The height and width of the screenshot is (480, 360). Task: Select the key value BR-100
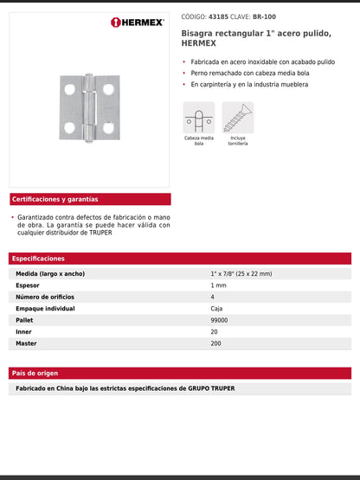click(x=264, y=16)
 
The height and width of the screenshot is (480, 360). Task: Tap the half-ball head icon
click(x=198, y=118)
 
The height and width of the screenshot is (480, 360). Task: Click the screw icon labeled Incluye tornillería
click(x=238, y=118)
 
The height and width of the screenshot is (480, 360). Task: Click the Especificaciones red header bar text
click(x=38, y=258)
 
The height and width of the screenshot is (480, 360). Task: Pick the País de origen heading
click(x=35, y=373)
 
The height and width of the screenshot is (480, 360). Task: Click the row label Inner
click(x=25, y=331)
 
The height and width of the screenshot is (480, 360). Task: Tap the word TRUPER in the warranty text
click(x=100, y=232)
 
